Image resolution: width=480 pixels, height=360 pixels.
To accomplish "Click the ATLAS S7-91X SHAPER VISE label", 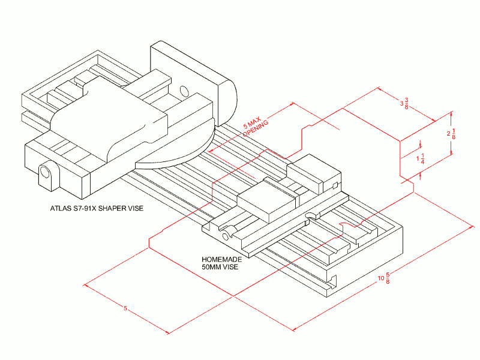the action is (x=97, y=208).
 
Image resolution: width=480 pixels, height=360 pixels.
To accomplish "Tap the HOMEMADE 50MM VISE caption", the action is (x=221, y=263).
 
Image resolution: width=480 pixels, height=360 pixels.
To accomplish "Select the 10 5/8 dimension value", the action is (x=384, y=278).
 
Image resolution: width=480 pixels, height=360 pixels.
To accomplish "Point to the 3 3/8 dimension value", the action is (x=404, y=103).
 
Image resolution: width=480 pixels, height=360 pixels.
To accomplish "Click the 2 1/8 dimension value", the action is (x=451, y=134).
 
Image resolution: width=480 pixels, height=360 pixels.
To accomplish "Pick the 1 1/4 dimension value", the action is (x=421, y=158).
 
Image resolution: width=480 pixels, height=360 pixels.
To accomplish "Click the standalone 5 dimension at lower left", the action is (x=125, y=308).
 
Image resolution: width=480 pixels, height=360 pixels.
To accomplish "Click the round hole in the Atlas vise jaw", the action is (x=184, y=91).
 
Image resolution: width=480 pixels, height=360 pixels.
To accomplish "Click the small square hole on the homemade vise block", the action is (x=335, y=185).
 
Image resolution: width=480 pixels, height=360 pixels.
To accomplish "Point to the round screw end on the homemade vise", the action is (x=226, y=236).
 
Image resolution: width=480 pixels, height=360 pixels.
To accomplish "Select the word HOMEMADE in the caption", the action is (x=221, y=260).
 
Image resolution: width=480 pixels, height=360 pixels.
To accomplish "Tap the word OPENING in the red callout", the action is (x=257, y=129).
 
